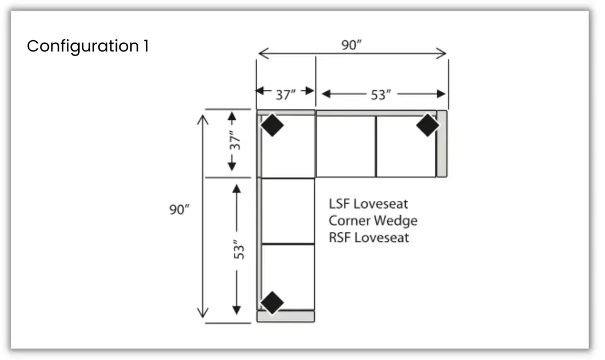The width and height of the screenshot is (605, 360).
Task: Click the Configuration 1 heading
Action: coord(87,46)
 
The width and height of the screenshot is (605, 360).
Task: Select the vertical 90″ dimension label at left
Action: coord(178,210)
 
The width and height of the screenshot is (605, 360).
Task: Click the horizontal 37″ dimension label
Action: coord(285,93)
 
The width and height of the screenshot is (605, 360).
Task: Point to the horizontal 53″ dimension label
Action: coord(382,94)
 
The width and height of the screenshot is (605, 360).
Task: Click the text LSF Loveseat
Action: coord(368,204)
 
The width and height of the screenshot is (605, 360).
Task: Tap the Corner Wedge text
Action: coord(373,221)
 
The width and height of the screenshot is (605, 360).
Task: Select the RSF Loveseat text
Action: coord(369,238)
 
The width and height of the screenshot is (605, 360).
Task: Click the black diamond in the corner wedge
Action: coord(272,125)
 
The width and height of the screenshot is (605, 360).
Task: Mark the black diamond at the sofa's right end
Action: coord(427,125)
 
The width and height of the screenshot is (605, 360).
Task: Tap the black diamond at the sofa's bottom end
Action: coord(272,302)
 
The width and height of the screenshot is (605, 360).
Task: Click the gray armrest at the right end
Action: coord(441,144)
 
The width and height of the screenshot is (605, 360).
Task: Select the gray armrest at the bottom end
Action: coord(285,317)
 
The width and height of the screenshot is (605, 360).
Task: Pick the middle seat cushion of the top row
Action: coord(346,146)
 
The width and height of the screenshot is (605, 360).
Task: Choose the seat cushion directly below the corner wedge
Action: coord(288,210)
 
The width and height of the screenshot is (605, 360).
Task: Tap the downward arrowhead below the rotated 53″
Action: coord(237,309)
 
